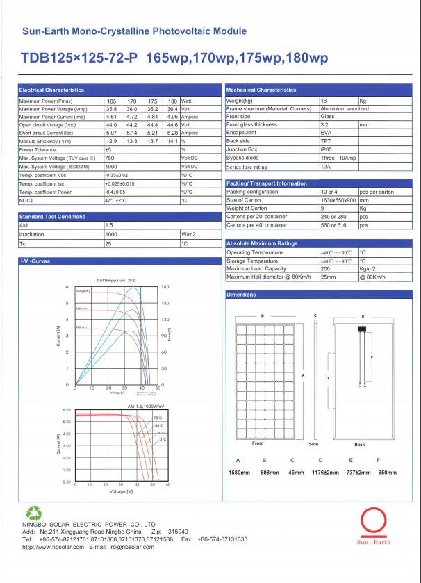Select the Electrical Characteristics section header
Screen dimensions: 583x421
click(51, 90)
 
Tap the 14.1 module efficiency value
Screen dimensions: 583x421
click(173, 141)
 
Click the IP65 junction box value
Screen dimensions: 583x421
click(327, 149)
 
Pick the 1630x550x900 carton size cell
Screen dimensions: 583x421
click(337, 199)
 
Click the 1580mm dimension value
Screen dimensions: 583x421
click(239, 473)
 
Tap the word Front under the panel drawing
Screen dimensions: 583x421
click(257, 443)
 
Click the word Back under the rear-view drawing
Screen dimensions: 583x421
click(360, 443)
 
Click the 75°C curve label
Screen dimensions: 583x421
click(157, 418)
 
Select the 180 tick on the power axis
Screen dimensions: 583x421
click(165, 287)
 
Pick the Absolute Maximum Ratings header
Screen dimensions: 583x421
click(262, 243)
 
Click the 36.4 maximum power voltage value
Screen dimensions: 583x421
click(173, 109)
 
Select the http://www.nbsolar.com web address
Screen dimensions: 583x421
click(49, 546)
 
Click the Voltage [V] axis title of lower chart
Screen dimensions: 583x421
click(121, 491)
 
